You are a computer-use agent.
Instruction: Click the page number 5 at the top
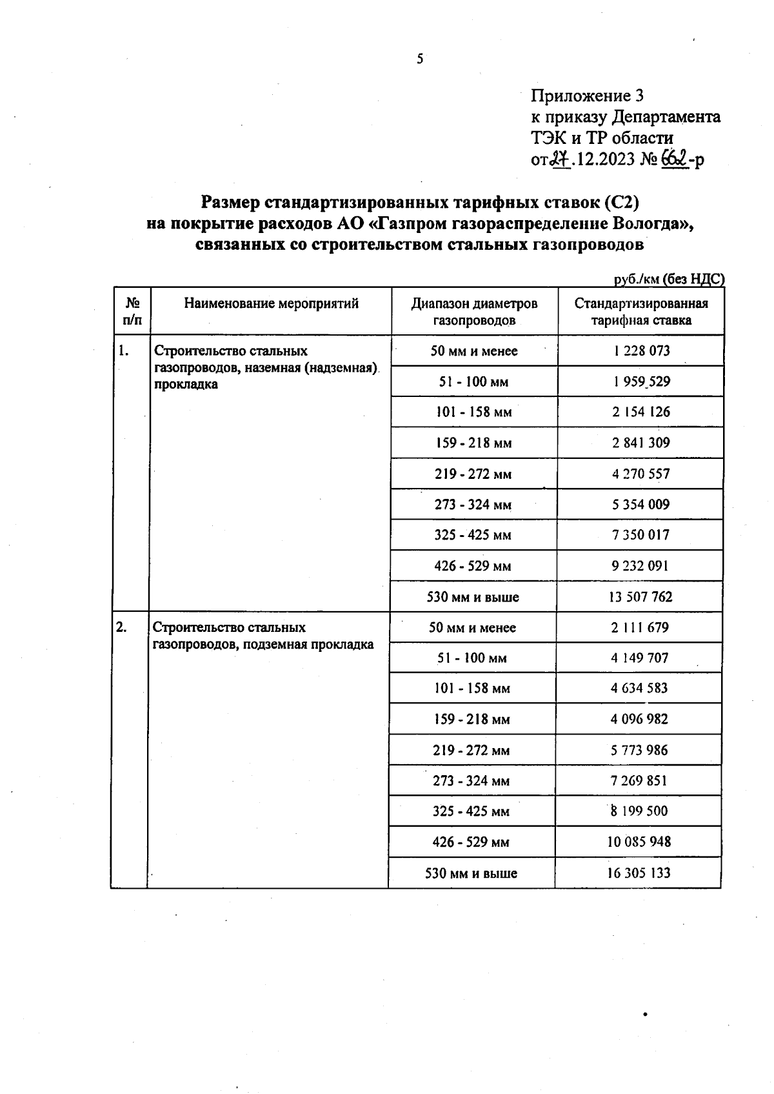pos(421,59)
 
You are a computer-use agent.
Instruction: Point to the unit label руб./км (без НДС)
pos(669,279)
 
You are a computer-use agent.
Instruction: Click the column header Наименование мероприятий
pos(271,303)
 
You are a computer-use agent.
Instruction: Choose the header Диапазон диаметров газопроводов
pos(474,311)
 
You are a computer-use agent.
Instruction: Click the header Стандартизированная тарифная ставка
pos(641,311)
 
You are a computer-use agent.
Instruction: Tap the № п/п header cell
pos(132,310)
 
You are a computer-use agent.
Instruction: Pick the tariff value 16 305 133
pos(638,873)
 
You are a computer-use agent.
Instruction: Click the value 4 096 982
pos(639,719)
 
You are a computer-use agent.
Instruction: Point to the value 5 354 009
pos(640,504)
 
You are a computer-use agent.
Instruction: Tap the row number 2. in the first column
pos(121,627)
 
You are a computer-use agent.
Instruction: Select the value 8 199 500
pos(639,811)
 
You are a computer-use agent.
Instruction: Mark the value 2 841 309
pos(640,443)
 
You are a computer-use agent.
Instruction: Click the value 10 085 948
pos(639,842)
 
